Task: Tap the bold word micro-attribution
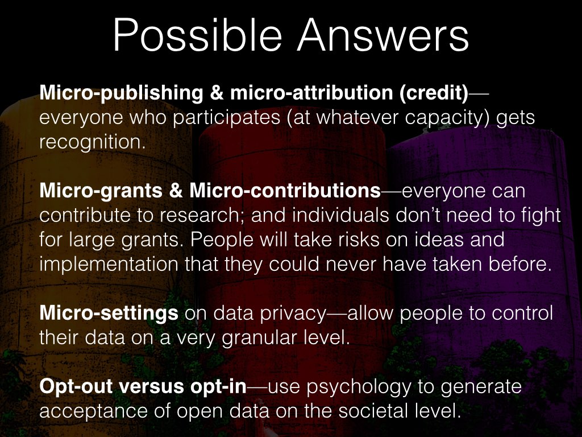[311, 92]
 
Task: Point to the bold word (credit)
[434, 93]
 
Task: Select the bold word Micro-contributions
[285, 190]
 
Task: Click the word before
[519, 264]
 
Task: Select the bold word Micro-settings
[109, 314]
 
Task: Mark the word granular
[259, 338]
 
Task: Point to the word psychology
[359, 387]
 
